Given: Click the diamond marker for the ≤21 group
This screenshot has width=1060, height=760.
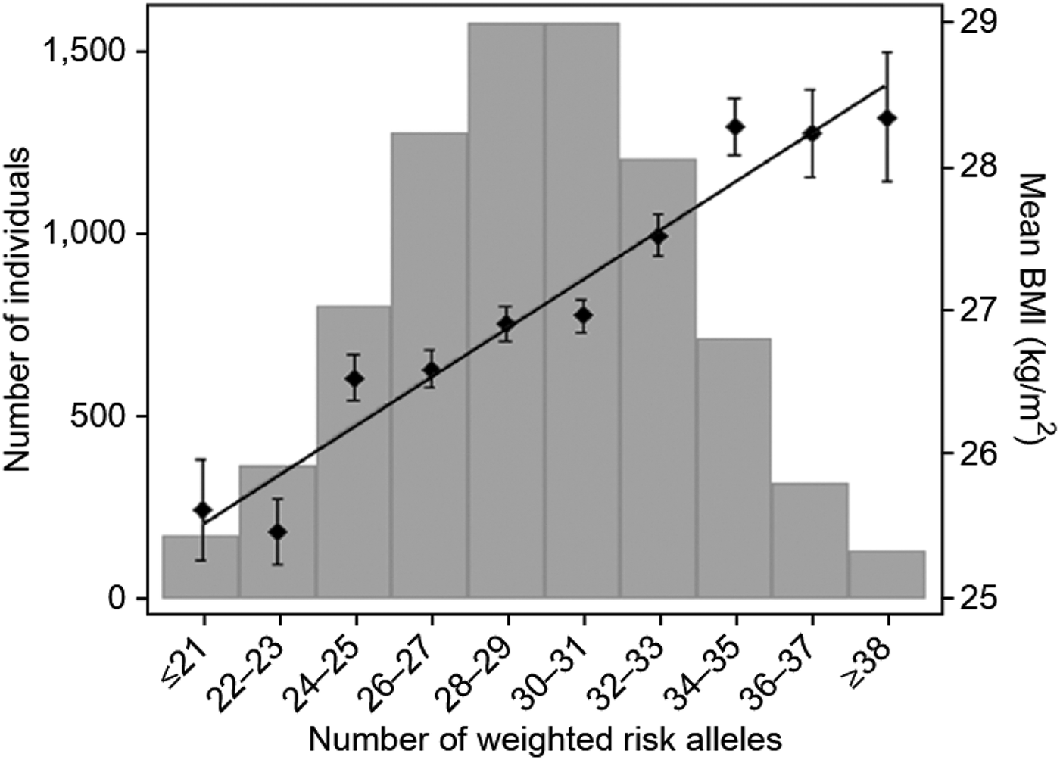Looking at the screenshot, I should (202, 509).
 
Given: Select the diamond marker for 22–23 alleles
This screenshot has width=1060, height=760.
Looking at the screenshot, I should (278, 531).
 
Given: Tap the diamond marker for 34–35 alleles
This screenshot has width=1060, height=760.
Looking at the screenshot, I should (734, 126).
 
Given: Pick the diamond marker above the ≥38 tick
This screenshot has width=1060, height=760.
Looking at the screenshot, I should (887, 118).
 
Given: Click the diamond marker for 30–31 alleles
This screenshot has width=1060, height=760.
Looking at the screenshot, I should (582, 316).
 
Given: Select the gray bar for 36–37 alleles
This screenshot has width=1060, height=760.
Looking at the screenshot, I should (810, 540).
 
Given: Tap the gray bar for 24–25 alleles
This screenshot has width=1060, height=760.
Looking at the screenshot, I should (354, 492).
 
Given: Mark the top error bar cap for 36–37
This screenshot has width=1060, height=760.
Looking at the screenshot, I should (811, 89).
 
